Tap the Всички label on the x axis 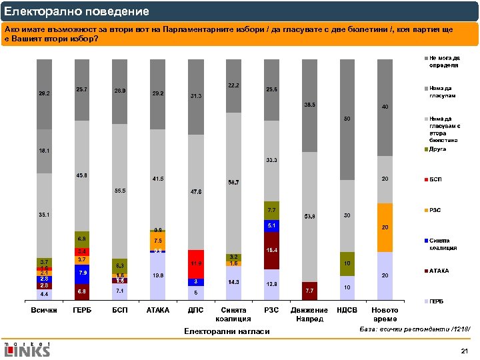45,310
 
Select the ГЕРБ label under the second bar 82,310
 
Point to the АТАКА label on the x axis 157,310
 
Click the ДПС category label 196,310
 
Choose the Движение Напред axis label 309,315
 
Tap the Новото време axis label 385,315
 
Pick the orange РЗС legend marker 425,211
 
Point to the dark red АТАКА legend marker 425,271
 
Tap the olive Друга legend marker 425,150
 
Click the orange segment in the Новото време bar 385,227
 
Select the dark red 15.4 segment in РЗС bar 271,251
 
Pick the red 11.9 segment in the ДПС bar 195,263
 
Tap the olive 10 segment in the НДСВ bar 347,264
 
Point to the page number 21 464,351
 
